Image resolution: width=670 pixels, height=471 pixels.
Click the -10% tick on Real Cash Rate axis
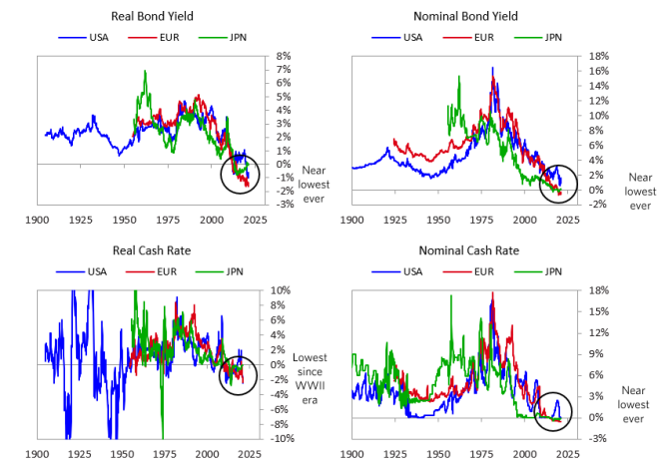coord(280,439)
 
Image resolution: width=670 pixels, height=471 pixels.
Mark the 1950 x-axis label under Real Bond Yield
coord(124,220)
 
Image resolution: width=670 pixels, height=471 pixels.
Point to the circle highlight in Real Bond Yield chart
coord(239,172)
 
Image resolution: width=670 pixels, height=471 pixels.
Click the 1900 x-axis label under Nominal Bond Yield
coord(351,220)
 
